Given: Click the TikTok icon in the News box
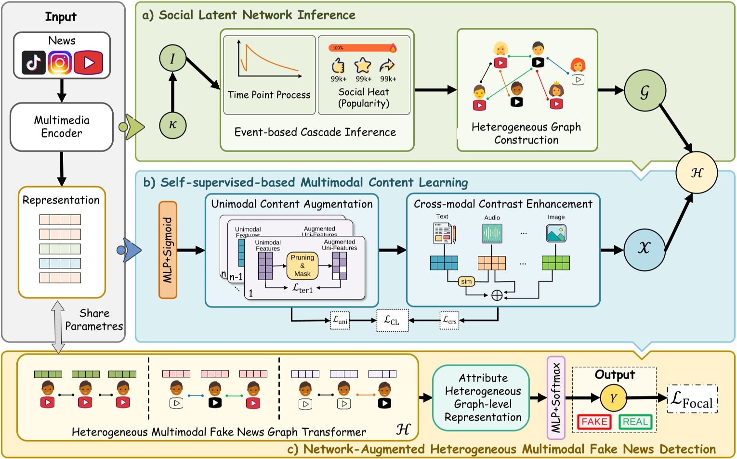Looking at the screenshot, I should pos(34,62).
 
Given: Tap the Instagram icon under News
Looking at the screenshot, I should pos(60,63).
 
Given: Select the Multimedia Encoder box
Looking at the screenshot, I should pos(62,127).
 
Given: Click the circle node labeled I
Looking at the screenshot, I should pos(172,59).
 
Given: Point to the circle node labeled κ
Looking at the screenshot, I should pos(172,125).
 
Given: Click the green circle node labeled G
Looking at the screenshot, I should pos(645,91).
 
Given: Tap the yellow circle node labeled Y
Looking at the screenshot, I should pos(613,398).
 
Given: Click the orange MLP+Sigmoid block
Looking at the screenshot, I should pos(168,250).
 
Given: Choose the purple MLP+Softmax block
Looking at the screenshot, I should pos(556,398).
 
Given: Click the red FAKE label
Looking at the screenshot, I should pos(594,422).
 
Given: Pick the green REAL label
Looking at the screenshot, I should pos(635,422).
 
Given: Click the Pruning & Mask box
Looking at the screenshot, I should pos(302,266).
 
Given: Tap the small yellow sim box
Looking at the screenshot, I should pos(466,281).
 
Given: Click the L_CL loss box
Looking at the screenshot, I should pos(392,320).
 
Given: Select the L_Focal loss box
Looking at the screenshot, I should pos(692,399).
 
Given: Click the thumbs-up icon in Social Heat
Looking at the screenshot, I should pos(339,65).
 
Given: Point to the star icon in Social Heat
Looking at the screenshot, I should pos(363,65).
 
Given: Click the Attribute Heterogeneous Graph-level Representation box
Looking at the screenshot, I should pos(483,398).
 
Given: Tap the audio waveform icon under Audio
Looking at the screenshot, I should pos(492,233).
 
